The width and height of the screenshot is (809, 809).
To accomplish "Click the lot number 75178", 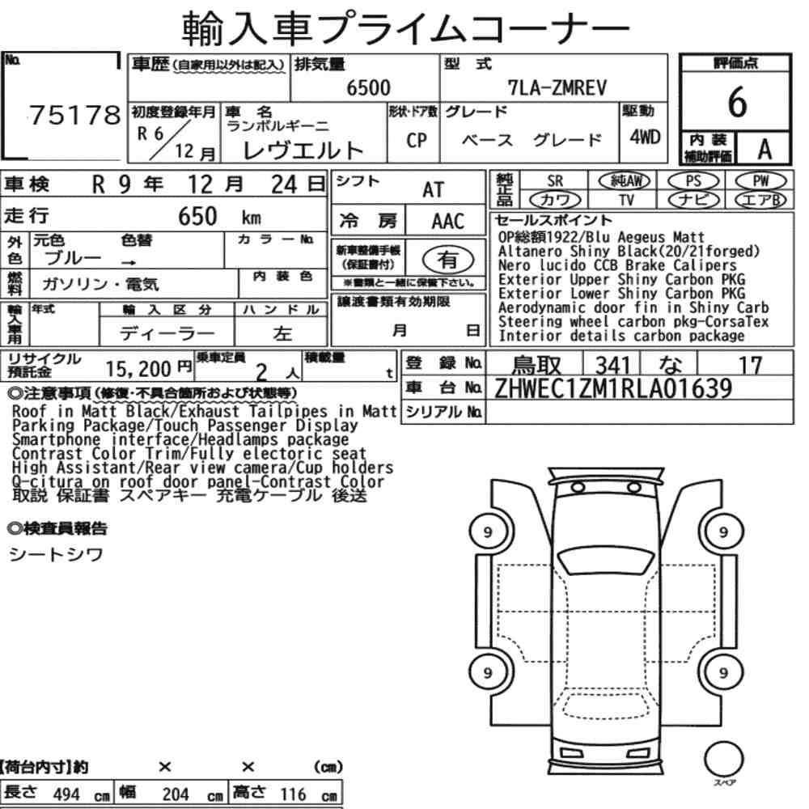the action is [x=74, y=115].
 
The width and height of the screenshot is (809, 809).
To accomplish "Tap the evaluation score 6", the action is [x=737, y=102].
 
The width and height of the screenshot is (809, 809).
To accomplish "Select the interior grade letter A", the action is [x=765, y=150].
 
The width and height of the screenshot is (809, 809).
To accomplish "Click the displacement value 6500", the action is [x=368, y=87].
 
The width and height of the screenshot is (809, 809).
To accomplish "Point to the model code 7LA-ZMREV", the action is [x=557, y=87].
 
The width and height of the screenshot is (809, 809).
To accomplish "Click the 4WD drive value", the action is [x=645, y=137].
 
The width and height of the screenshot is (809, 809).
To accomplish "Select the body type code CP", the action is [x=417, y=140].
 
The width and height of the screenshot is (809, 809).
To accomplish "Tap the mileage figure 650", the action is [x=197, y=216].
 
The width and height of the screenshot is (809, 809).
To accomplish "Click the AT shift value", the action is [x=433, y=189].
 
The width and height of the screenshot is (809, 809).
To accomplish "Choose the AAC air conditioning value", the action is [x=448, y=221].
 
